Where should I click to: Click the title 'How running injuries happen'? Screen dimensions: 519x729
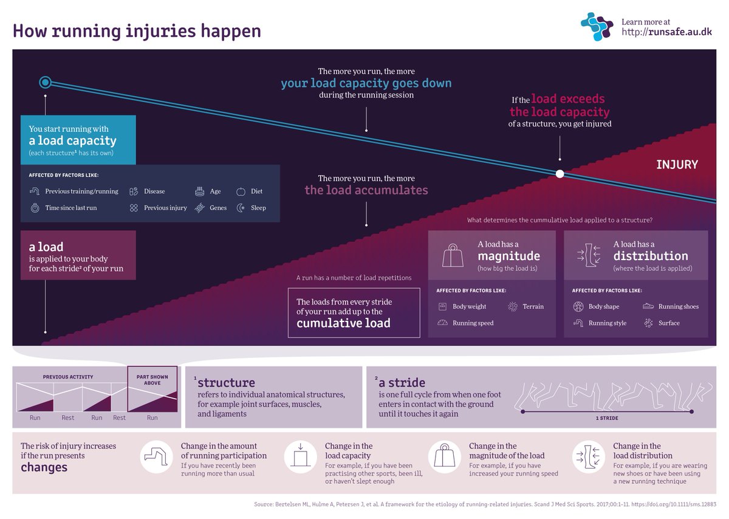pyautogui.click(x=137, y=30)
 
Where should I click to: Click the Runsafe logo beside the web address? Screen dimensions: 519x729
pyautogui.click(x=598, y=27)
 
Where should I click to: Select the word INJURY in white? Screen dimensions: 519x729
pyautogui.click(x=677, y=164)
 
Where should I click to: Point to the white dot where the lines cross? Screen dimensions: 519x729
pyautogui.click(x=560, y=174)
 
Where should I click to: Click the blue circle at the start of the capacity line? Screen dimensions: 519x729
pyautogui.click(x=45, y=82)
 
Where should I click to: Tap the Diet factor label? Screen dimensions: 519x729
pyautogui.click(x=257, y=191)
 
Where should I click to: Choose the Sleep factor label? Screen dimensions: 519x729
pyautogui.click(x=258, y=208)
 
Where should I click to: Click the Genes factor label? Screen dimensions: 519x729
pyautogui.click(x=218, y=208)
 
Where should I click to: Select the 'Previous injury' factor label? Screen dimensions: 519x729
pyautogui.click(x=165, y=208)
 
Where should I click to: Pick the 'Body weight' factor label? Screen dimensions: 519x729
pyautogui.click(x=469, y=306)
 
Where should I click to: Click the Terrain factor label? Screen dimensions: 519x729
pyautogui.click(x=533, y=306)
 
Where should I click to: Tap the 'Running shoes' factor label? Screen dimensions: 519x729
pyautogui.click(x=679, y=306)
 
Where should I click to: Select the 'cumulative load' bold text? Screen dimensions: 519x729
pyautogui.click(x=343, y=323)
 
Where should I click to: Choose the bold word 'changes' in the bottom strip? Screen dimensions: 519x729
pyautogui.click(x=44, y=467)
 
